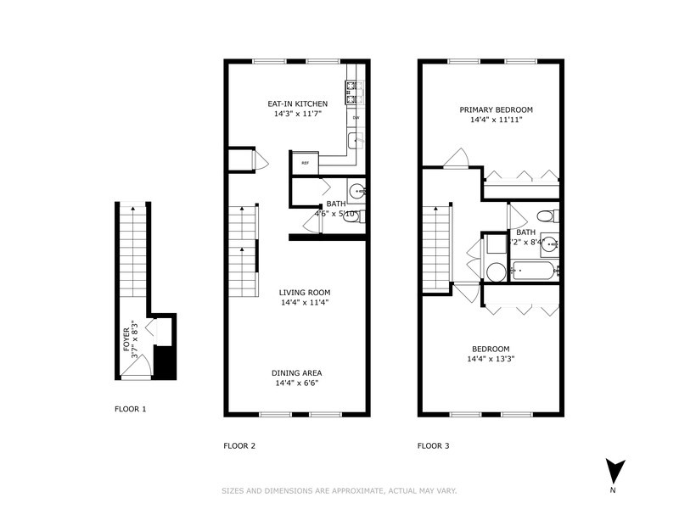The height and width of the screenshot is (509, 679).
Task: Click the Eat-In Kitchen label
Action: tap(298, 103)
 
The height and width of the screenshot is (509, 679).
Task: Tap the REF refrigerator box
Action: tap(304, 162)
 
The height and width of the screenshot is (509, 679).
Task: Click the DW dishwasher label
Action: tap(356, 117)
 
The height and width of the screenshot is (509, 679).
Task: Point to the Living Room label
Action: tap(305, 293)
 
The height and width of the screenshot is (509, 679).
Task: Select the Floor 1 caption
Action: tap(130, 409)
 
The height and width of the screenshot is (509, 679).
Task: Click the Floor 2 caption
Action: tap(239, 445)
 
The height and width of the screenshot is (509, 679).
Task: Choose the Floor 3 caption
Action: tap(433, 445)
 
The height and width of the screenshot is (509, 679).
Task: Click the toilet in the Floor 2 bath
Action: tap(353, 217)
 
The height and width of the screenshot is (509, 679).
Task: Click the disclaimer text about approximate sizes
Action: tap(339, 490)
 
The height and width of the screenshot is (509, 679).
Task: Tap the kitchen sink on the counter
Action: tap(354, 140)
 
